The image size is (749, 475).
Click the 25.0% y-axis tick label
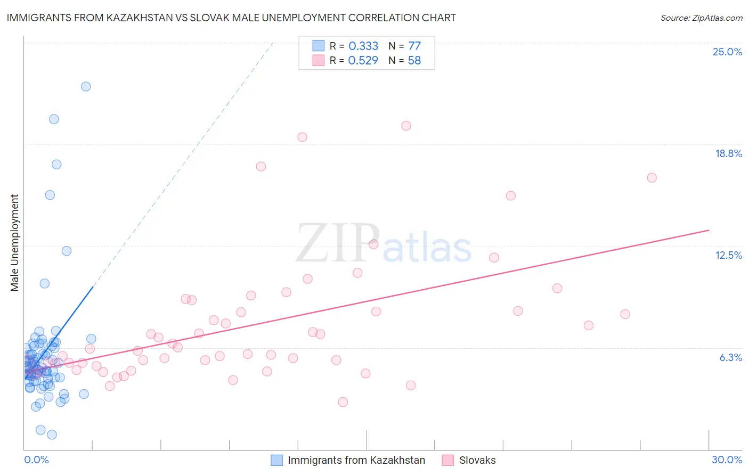727,52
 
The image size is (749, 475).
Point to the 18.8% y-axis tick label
728,153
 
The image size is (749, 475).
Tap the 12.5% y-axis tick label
728,255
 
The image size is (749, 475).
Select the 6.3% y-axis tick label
730,357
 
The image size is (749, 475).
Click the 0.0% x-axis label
36,460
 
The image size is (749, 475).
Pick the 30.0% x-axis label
727,460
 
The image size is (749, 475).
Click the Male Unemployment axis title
15,243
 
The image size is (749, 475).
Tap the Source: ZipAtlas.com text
701,18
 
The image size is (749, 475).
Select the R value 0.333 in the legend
363,46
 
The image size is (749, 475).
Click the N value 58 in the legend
414,61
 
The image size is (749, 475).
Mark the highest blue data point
86,86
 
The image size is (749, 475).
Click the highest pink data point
406,126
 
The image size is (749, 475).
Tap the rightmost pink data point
652,178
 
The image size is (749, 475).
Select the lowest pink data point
343,402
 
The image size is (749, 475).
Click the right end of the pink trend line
709,230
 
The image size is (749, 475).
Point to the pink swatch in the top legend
319,60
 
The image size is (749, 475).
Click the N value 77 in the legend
414,46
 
